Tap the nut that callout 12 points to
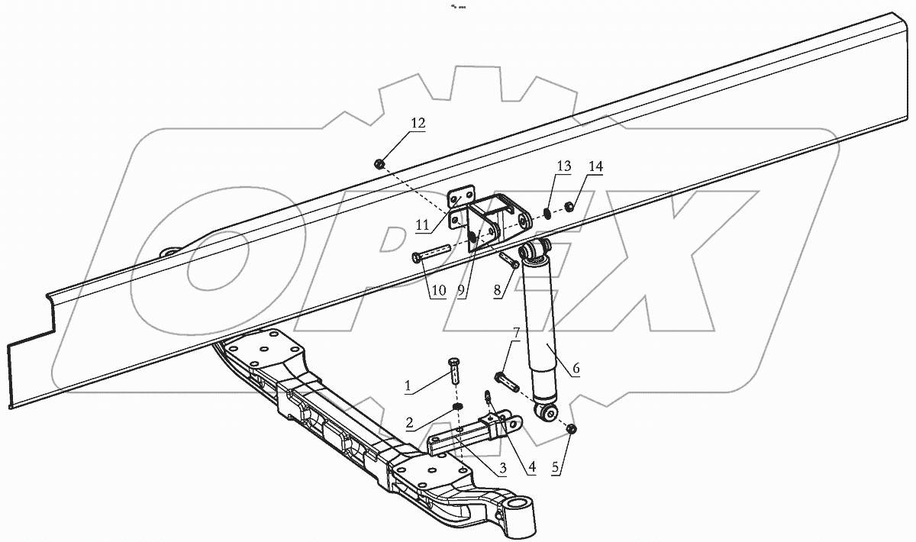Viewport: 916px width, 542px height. click(x=379, y=163)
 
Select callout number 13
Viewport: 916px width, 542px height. click(x=563, y=166)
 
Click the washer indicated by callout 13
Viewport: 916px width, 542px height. click(x=548, y=213)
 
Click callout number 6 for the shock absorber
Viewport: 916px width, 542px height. click(x=576, y=369)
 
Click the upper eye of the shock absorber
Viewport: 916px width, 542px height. click(x=534, y=249)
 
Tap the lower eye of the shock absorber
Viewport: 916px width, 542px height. click(x=546, y=414)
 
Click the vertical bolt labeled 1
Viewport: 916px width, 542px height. click(x=455, y=373)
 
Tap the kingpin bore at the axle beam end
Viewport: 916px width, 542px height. click(x=518, y=506)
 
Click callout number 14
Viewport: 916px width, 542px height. click(x=595, y=166)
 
